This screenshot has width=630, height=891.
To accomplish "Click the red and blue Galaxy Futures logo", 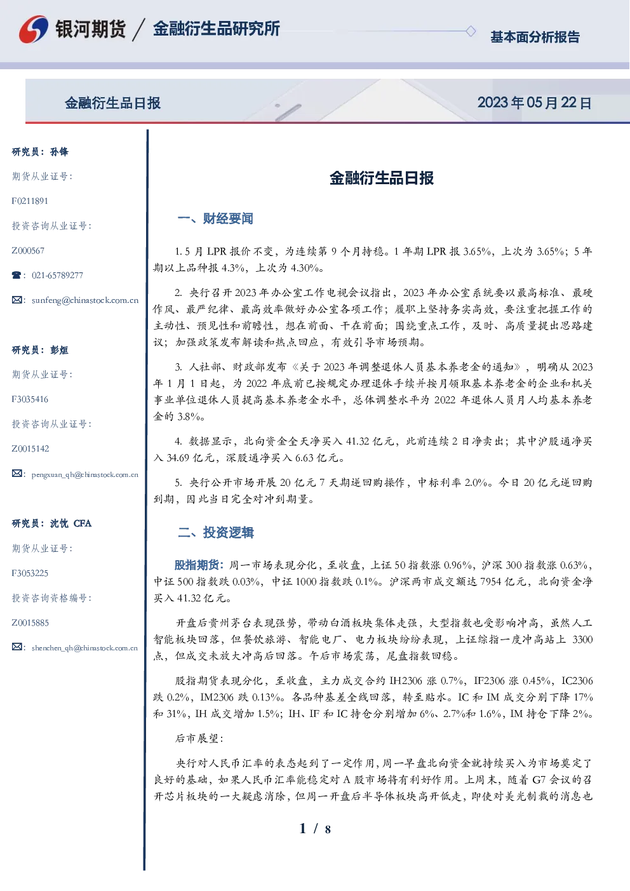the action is (x=34, y=29).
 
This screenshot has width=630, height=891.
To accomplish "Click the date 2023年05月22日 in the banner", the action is (x=534, y=103).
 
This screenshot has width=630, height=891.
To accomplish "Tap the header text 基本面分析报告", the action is (x=535, y=37).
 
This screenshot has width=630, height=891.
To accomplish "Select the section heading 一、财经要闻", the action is (x=215, y=218).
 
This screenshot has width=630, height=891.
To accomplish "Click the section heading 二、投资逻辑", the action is (x=215, y=532).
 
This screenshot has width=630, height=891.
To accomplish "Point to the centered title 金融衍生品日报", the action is (x=382, y=178).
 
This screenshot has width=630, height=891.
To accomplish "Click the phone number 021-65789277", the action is (x=57, y=275).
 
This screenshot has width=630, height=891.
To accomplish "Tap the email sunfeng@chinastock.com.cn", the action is (x=85, y=300).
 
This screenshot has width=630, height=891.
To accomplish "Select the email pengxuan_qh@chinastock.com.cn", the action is (x=85, y=474).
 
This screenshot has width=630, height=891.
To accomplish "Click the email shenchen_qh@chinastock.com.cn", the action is (x=84, y=648).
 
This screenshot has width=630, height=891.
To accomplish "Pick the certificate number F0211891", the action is (x=30, y=201).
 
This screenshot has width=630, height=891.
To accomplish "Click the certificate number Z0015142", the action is (x=30, y=449).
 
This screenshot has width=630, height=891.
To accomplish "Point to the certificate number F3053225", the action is (x=30, y=573).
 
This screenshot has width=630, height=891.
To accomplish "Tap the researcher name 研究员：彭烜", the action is (x=40, y=350).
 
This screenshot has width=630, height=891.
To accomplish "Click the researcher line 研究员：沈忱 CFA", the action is (x=51, y=523).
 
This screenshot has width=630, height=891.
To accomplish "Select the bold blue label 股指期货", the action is (x=197, y=565).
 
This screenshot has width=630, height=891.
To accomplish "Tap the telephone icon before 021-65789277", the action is (x=17, y=275).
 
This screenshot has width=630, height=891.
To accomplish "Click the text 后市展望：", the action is (x=199, y=738).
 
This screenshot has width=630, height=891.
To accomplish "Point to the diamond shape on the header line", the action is (x=471, y=31).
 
